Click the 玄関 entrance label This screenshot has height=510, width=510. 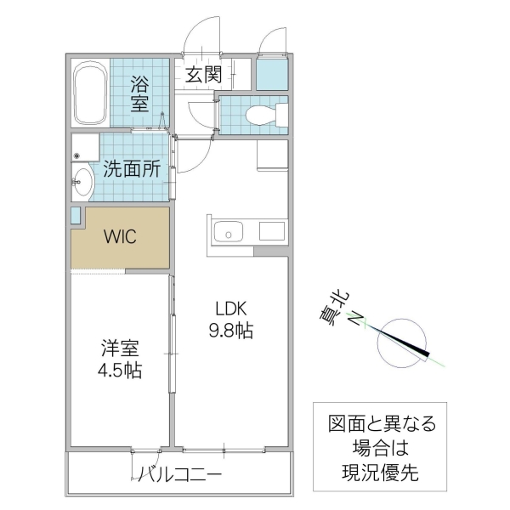203,74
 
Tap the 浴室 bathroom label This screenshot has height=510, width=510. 139,93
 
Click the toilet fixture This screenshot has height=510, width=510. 258,114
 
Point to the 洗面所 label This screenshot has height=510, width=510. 132,168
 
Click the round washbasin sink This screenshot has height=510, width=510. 82,180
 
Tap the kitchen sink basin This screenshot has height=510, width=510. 229,231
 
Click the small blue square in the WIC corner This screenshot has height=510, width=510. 76,214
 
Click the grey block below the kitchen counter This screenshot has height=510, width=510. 270,252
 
